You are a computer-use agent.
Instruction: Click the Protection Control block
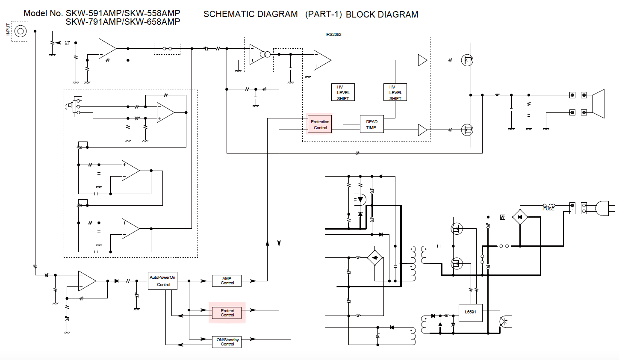click(x=320, y=124)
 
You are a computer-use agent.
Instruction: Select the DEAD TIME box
click(x=371, y=124)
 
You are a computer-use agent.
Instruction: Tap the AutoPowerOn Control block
click(x=162, y=281)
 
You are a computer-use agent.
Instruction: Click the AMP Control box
click(x=227, y=281)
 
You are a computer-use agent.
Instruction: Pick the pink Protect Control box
click(x=227, y=313)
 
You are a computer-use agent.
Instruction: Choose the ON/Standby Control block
click(x=227, y=342)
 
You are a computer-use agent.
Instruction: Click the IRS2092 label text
click(x=333, y=35)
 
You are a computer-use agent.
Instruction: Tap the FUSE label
click(x=548, y=209)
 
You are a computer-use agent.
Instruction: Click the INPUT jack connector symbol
click(x=20, y=31)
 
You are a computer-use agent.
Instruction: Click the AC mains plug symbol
click(x=601, y=208)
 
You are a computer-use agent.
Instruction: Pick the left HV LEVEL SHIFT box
click(x=343, y=92)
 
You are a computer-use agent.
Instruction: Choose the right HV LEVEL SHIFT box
click(x=395, y=92)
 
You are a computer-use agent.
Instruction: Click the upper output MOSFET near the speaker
click(x=467, y=60)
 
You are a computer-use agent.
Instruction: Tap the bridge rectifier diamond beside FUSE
click(x=520, y=217)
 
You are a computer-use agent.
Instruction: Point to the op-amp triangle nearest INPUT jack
click(x=107, y=48)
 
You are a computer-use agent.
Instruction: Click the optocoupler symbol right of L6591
click(x=504, y=321)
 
